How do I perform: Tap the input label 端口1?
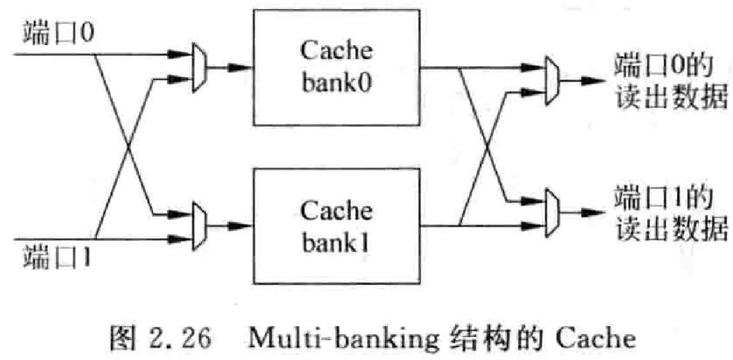59,259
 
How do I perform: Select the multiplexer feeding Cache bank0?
199,66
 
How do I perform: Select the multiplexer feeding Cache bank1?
199,225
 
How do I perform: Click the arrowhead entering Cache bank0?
243,66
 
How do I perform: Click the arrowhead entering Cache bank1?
243,225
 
